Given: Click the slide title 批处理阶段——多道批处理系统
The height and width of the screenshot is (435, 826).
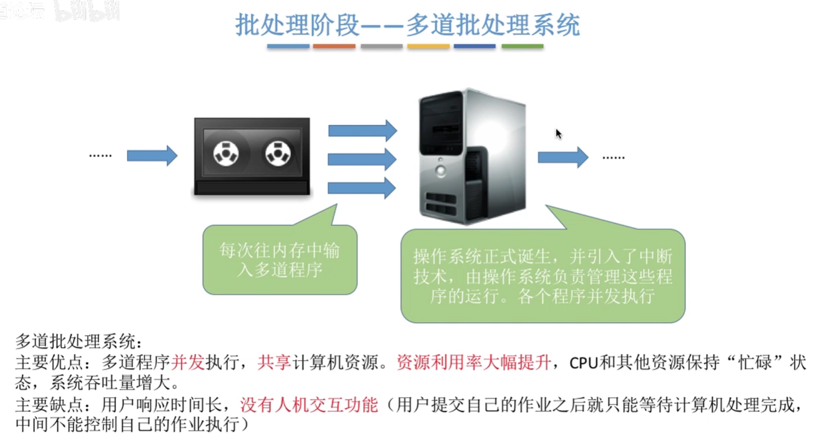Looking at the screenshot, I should tap(407, 25).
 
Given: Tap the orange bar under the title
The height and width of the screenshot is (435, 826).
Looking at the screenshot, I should tap(334, 47).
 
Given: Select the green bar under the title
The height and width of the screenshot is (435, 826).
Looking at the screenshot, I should tap(522, 47).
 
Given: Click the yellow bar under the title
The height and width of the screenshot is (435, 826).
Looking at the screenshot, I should tap(428, 47).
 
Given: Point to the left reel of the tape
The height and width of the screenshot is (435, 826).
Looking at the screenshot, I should tap(226, 154).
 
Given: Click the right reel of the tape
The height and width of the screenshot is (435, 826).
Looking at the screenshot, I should tap(278, 154).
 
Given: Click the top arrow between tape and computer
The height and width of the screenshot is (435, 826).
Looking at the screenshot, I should tap(362, 131).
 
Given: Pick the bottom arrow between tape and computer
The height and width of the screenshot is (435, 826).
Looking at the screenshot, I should tap(361, 188).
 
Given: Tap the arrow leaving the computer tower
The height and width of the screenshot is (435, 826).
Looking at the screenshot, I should tap(563, 157).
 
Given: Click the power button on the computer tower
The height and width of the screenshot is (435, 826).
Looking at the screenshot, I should tap(440, 170).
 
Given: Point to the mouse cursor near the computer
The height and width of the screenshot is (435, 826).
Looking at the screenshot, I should tap(558, 133).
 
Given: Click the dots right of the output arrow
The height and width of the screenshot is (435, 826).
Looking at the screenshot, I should tap(614, 157).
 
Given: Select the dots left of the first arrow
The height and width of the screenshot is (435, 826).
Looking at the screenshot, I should tap(100, 156).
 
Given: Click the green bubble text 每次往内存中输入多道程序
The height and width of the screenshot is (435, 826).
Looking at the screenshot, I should tap(280, 260).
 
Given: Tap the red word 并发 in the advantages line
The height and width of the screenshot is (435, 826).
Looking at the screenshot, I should tap(188, 362).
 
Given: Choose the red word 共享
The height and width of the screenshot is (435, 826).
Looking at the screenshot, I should tap(274, 362).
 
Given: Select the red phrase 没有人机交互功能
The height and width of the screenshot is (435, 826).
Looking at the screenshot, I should tap(309, 405).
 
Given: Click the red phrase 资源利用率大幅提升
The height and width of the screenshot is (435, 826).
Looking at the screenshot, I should tap(473, 362).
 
